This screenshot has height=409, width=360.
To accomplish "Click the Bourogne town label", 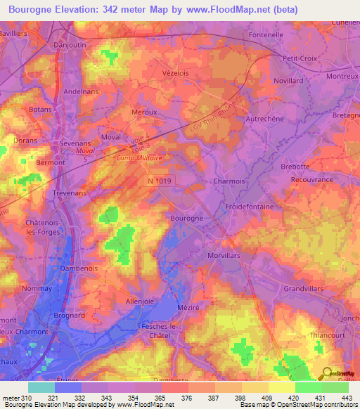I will [187, 219].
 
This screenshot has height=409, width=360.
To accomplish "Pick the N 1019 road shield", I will [160, 181].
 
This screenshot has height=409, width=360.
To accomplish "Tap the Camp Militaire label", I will [139, 159].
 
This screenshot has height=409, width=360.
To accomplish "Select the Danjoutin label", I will [71, 44].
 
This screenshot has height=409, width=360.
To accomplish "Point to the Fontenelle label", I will [266, 34].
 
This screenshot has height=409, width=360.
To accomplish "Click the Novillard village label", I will [288, 81].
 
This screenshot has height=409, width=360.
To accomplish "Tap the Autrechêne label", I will [264, 119].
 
